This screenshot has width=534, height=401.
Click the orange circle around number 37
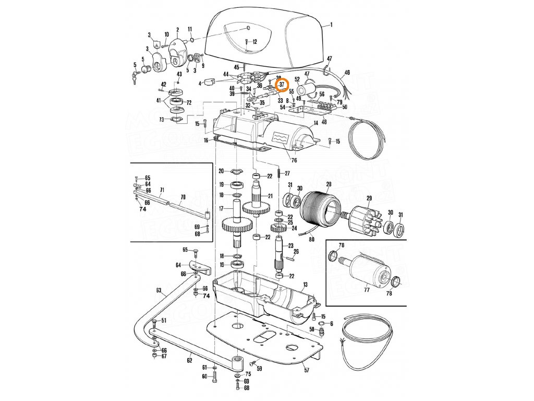coord(281,84)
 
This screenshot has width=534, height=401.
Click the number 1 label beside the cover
coord(331,25)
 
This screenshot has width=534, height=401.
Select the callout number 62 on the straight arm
coord(189,360)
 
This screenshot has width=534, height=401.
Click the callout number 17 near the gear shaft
coord(221,208)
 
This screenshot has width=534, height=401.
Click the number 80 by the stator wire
coord(312,240)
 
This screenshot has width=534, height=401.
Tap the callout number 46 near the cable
coord(347,73)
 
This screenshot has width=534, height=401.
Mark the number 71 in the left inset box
coord(162,190)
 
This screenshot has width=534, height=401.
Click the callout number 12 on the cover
coord(254,41)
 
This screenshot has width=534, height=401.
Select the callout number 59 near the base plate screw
coord(259,369)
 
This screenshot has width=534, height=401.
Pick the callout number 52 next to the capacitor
coord(297,79)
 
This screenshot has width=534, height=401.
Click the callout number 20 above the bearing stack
coord(221,171)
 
